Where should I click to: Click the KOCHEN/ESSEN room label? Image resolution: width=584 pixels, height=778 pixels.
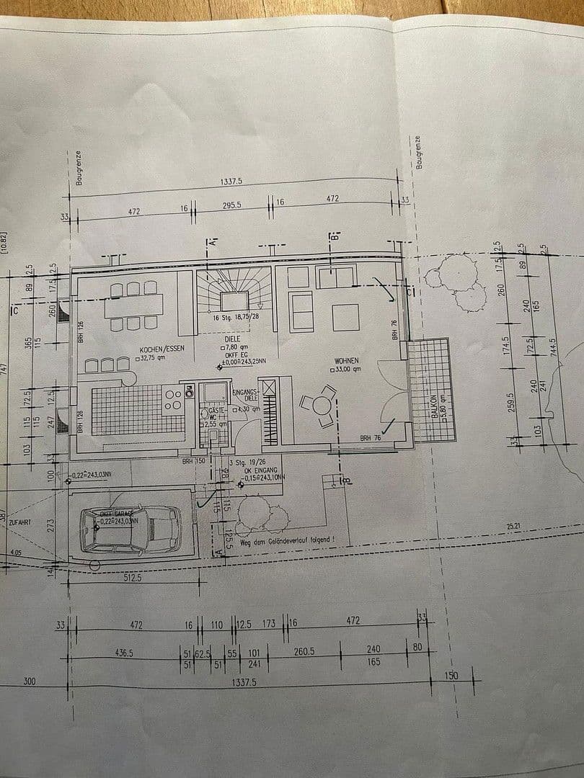point(158,349)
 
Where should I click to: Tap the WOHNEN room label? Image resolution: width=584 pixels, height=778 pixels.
point(347,360)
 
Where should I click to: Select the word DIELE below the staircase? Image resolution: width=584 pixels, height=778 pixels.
point(232,336)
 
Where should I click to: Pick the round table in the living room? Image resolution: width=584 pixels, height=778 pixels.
point(321,406)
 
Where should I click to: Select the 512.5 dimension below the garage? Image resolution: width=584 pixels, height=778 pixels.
point(130,577)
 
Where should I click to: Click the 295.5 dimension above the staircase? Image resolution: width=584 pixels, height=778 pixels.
point(231,205)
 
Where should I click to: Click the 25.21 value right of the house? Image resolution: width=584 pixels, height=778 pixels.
point(513,527)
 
